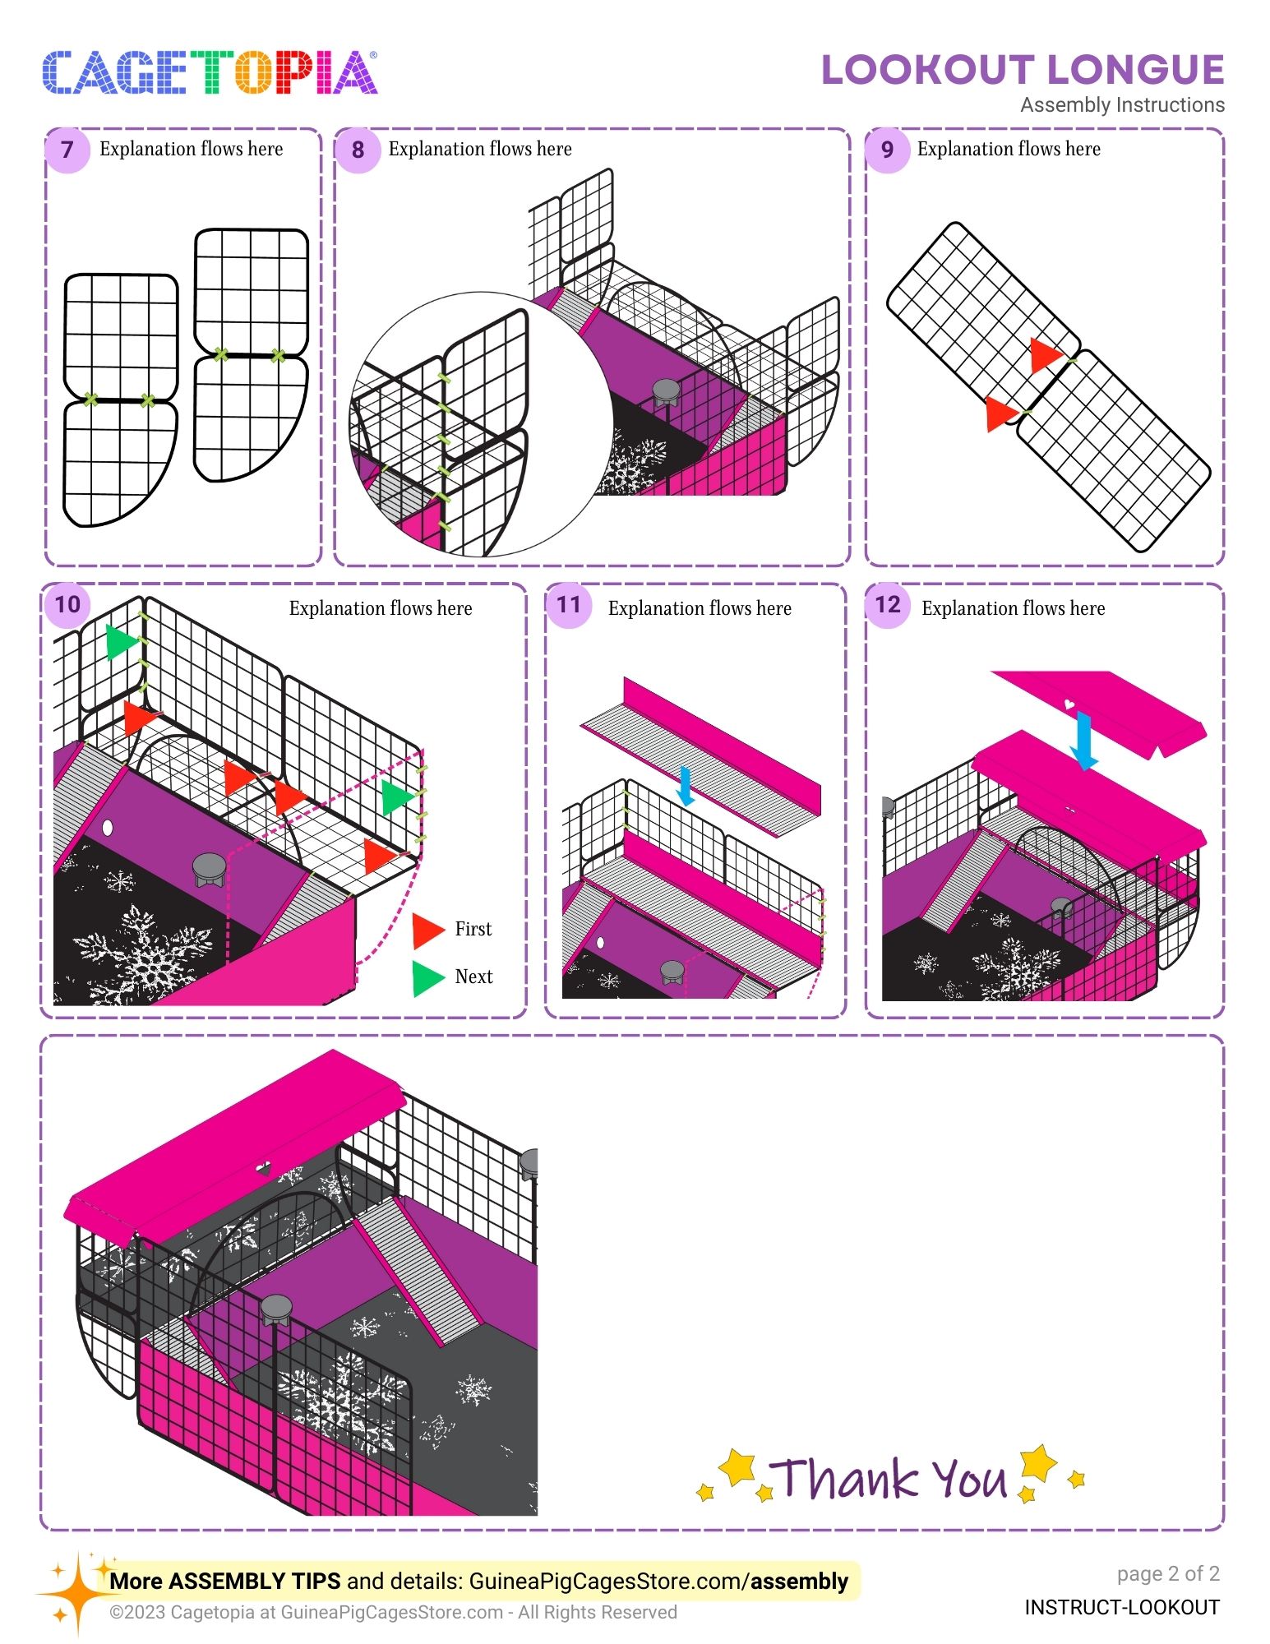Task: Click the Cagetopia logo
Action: (210, 72)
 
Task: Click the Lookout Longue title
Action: (1023, 70)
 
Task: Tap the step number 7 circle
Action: (67, 150)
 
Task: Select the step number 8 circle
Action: (358, 150)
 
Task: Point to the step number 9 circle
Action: (887, 150)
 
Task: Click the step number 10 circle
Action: (67, 605)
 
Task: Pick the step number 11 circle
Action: (568, 605)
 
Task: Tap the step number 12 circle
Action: (888, 605)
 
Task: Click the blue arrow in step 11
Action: (685, 786)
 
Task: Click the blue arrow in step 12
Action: (1084, 741)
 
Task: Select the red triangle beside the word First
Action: (427, 930)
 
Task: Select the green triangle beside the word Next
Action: (427, 978)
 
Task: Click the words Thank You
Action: (890, 1478)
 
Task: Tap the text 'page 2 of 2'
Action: (1168, 1573)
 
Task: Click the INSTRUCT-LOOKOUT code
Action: (1122, 1607)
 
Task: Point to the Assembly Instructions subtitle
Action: (1123, 105)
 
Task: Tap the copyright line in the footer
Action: (394, 1612)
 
